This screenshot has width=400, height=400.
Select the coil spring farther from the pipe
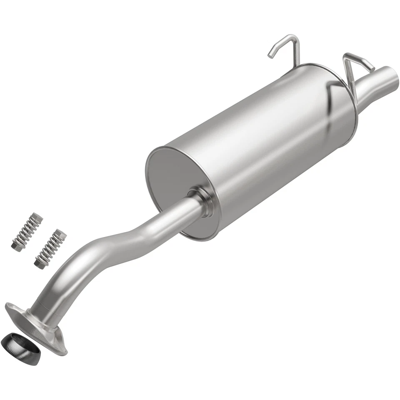[27, 231]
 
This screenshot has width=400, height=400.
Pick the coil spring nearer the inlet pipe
[50, 248]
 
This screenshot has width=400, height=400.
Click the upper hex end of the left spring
[38, 217]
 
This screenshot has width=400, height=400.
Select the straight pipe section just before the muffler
[175, 217]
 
